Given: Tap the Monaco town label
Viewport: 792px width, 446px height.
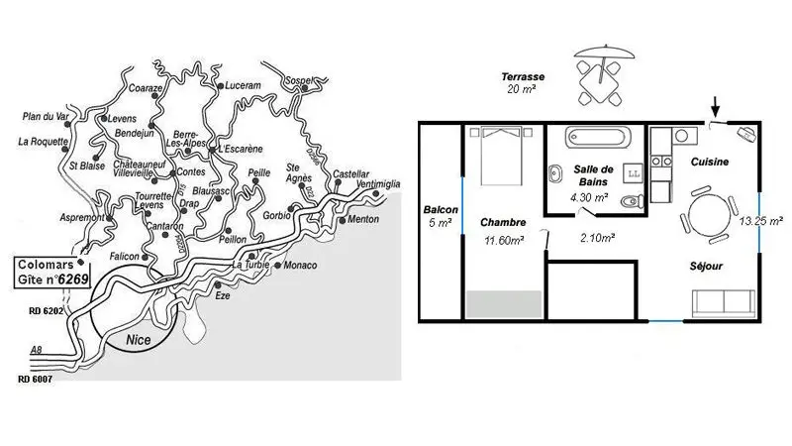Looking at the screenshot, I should (299, 266).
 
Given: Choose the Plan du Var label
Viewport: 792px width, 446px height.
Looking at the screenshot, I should (43, 117).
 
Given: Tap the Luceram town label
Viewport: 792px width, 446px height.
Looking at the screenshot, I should (243, 86).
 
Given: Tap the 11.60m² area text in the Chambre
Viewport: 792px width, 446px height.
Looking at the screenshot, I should (503, 240).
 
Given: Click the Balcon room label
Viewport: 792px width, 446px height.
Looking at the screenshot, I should (440, 210).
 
